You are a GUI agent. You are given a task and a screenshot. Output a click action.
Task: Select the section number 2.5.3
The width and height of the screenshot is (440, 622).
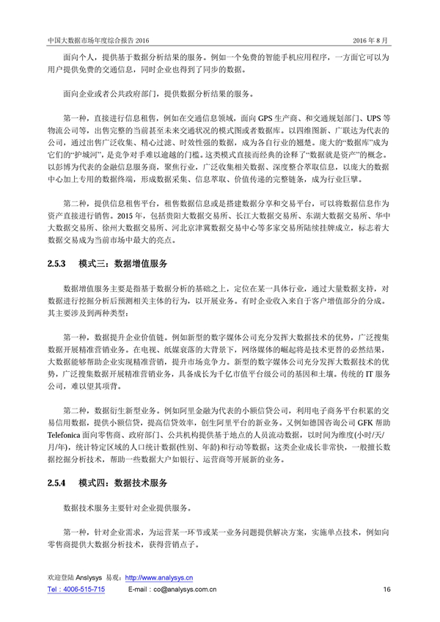coord(56,263)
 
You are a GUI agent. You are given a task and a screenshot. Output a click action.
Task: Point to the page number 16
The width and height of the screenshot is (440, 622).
coord(386,590)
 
